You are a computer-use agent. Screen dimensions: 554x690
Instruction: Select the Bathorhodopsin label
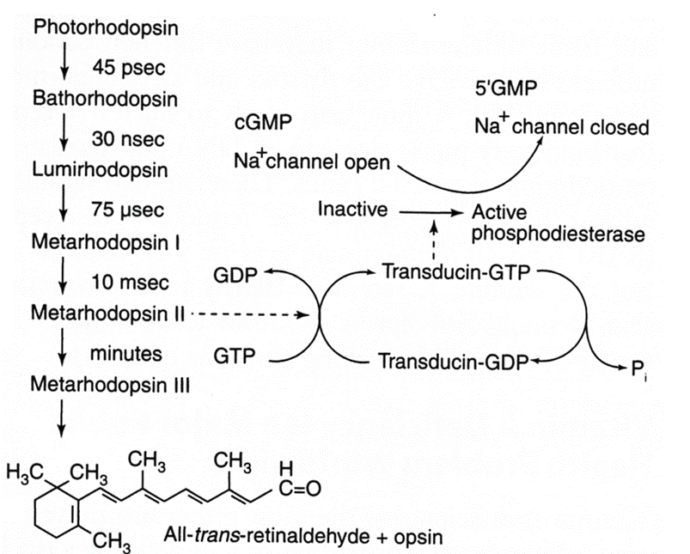click(105, 98)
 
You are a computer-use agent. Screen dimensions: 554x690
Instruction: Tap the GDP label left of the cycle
click(234, 277)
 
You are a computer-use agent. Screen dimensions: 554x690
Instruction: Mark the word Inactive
click(352, 209)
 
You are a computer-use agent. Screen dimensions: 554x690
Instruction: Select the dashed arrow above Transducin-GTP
click(435, 241)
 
